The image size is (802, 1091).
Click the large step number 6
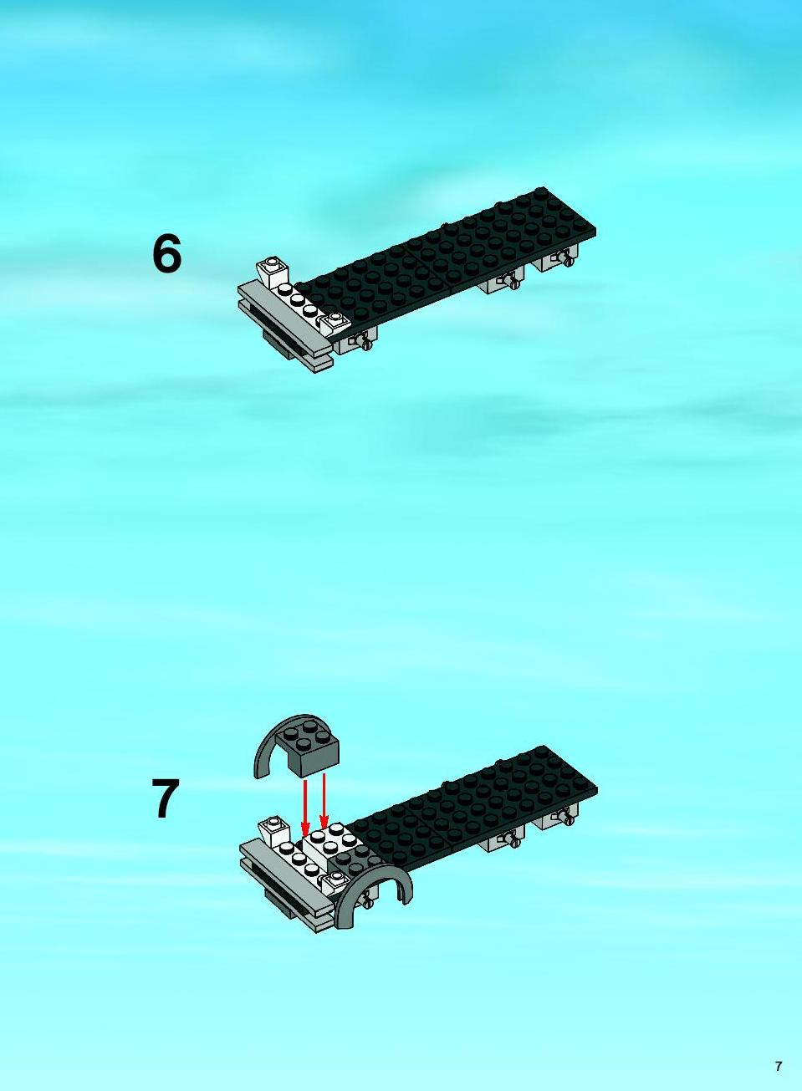(166, 254)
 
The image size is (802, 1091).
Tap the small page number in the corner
(779, 1064)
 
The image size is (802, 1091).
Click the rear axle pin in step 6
(565, 257)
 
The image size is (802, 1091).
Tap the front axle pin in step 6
(362, 339)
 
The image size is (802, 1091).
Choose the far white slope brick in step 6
(272, 272)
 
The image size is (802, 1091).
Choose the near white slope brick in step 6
(335, 324)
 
